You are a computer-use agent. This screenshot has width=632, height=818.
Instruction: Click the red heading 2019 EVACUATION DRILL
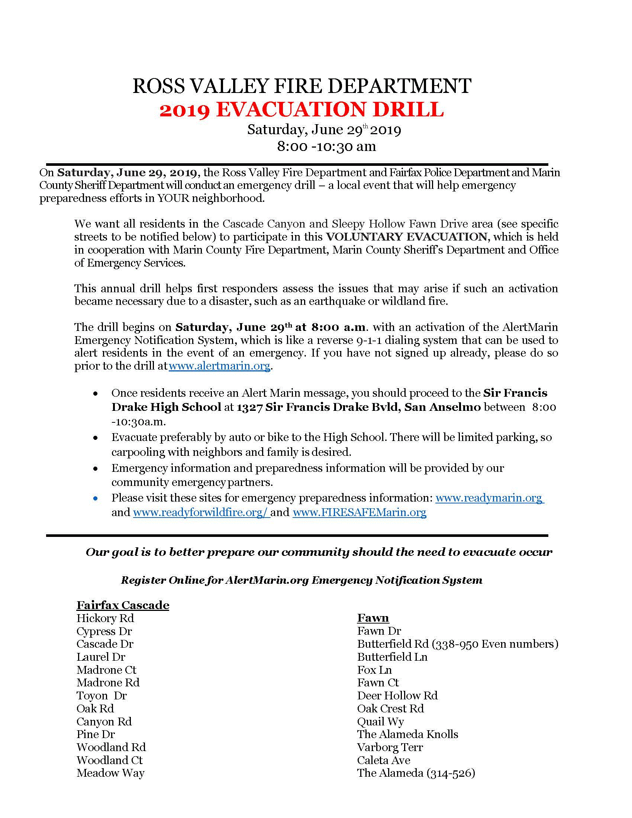(x=302, y=110)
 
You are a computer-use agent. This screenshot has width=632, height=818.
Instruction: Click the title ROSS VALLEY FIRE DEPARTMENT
(x=302, y=86)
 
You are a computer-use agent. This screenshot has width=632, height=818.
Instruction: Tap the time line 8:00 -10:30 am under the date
(x=326, y=146)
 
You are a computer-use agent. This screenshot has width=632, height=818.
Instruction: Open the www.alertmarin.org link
(x=219, y=365)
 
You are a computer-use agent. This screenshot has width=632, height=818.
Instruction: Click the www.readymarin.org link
(x=489, y=498)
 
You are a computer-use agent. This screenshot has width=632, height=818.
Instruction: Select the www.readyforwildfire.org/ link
(x=201, y=512)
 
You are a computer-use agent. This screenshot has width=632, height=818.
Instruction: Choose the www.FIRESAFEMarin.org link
(x=359, y=512)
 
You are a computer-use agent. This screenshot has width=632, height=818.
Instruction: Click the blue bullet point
(x=96, y=499)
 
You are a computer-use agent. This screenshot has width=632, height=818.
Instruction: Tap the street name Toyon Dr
(x=101, y=696)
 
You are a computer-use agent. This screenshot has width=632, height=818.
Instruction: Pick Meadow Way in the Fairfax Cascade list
(x=110, y=773)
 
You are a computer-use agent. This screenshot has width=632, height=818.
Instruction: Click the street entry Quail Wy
(x=380, y=721)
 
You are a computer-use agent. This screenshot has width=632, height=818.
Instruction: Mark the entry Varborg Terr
(x=390, y=747)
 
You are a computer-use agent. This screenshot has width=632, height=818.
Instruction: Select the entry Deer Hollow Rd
(x=397, y=696)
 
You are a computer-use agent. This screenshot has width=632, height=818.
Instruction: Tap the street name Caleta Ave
(x=383, y=760)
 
